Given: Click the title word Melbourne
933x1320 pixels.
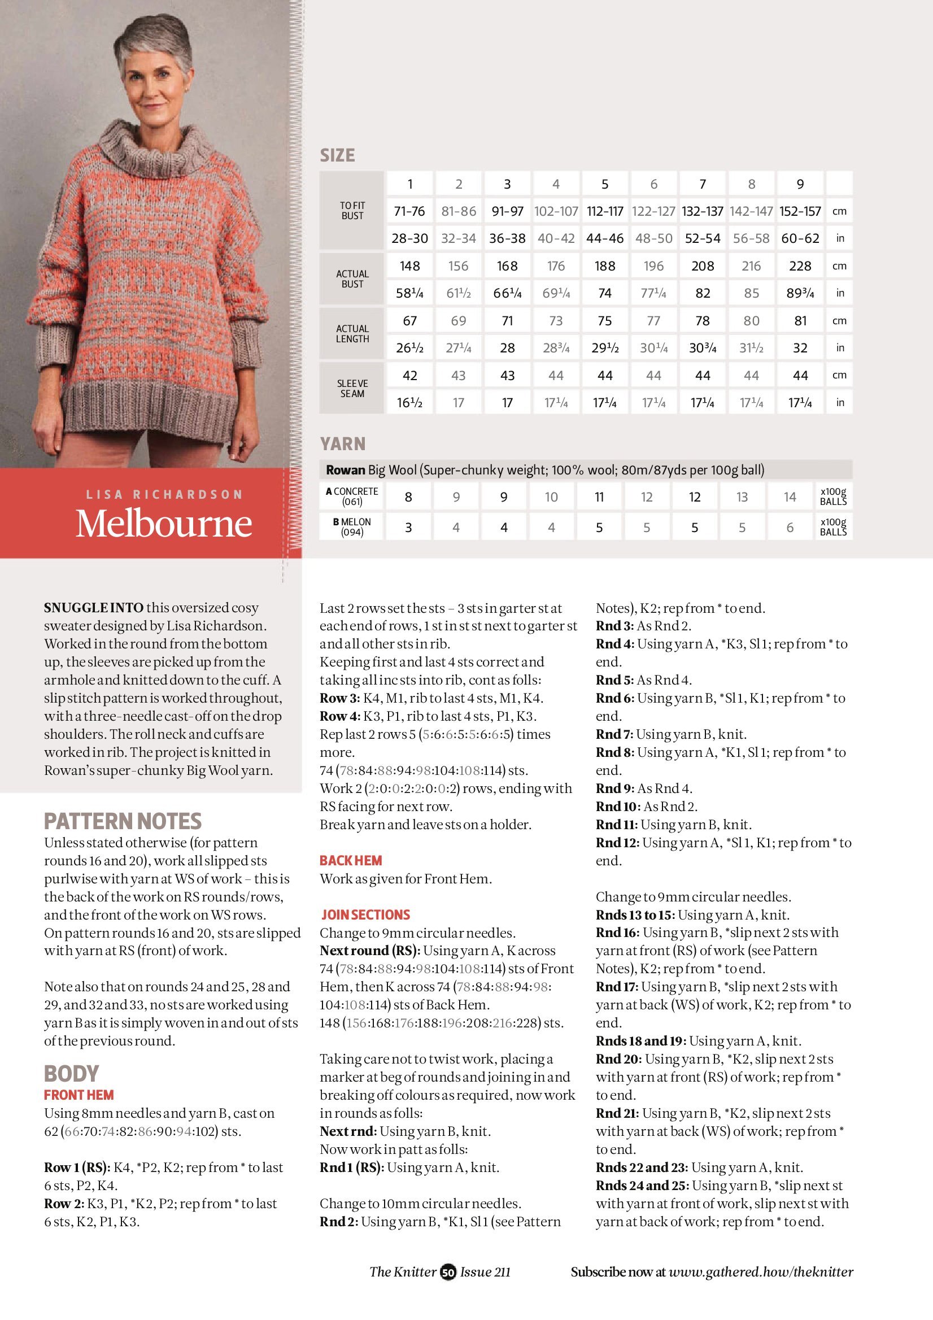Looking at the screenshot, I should coord(164,523).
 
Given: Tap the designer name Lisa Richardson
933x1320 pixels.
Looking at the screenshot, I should coord(164,494).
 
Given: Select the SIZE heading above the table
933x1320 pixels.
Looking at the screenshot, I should coord(337,155).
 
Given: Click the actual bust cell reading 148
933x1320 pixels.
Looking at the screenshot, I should coord(409,266).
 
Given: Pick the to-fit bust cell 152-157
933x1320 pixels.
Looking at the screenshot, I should coord(800,211).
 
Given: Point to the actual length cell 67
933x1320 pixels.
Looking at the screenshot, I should coord(409,321).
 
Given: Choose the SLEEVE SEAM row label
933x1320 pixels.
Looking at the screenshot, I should coord(352,388).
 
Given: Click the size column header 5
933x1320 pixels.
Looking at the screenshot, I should coord(605,184).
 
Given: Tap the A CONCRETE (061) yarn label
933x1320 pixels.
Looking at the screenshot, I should coord(352,496).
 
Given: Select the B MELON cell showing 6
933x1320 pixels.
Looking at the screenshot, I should coord(790,527).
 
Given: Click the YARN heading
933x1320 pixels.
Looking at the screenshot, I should coord(343,444).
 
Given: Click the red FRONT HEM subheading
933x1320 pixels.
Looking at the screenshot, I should coord(79,1095).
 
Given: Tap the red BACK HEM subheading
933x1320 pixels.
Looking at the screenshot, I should coord(351,861).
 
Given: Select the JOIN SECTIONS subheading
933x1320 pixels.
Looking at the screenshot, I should coord(365,914).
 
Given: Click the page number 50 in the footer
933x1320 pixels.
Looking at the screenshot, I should coord(448,1273).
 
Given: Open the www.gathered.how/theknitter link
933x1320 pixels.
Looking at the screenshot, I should coord(761,1273).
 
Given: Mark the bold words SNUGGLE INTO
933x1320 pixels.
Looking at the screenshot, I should coord(93,608).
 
